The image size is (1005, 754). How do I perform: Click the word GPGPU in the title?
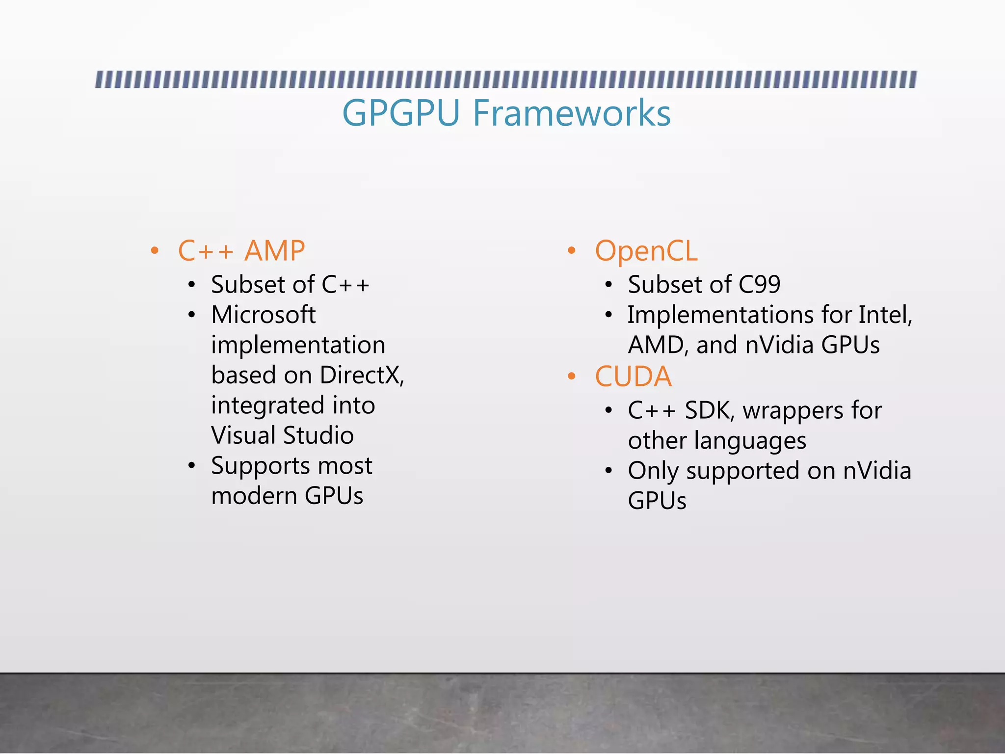point(400,113)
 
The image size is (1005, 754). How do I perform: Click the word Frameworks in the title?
point(572,113)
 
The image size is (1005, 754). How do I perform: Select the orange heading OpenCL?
point(646,251)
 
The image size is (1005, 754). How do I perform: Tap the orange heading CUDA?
point(633,377)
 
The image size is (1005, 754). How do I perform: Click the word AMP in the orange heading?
point(275,251)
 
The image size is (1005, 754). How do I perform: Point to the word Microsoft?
point(264,315)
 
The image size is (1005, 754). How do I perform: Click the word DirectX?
point(362,376)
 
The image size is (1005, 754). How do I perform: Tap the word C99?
point(759,285)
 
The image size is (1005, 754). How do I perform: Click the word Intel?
point(885,315)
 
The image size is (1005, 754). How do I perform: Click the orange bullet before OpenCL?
point(571,251)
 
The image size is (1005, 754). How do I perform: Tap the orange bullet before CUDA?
point(571,377)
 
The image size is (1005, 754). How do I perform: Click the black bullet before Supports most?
point(192,466)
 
